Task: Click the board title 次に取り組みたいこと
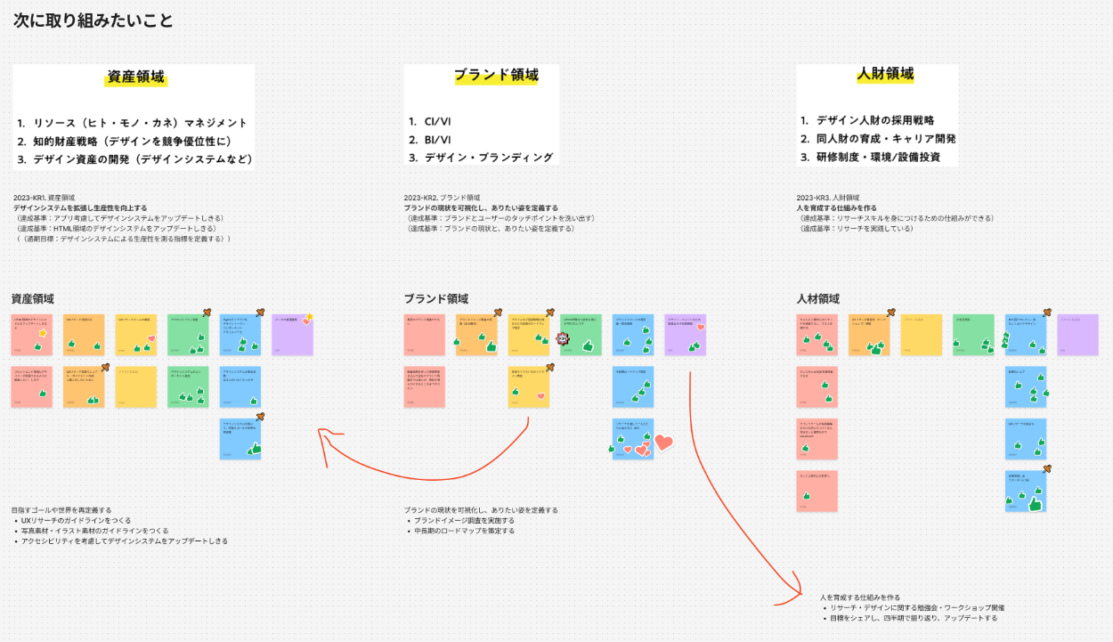coord(93,20)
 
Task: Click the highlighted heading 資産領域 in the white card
coord(136,77)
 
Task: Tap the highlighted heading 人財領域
coord(885,74)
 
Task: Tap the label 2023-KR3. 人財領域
coord(828,197)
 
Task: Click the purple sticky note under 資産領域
coord(292,334)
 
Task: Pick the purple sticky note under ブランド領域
coord(685,334)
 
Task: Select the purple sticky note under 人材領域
coord(1077,334)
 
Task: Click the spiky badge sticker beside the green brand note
coord(562,338)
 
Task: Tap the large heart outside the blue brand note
coord(663,442)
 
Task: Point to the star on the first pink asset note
coord(42,333)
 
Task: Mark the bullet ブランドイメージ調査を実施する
coord(464,520)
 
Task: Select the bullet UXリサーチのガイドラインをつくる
coord(76,520)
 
